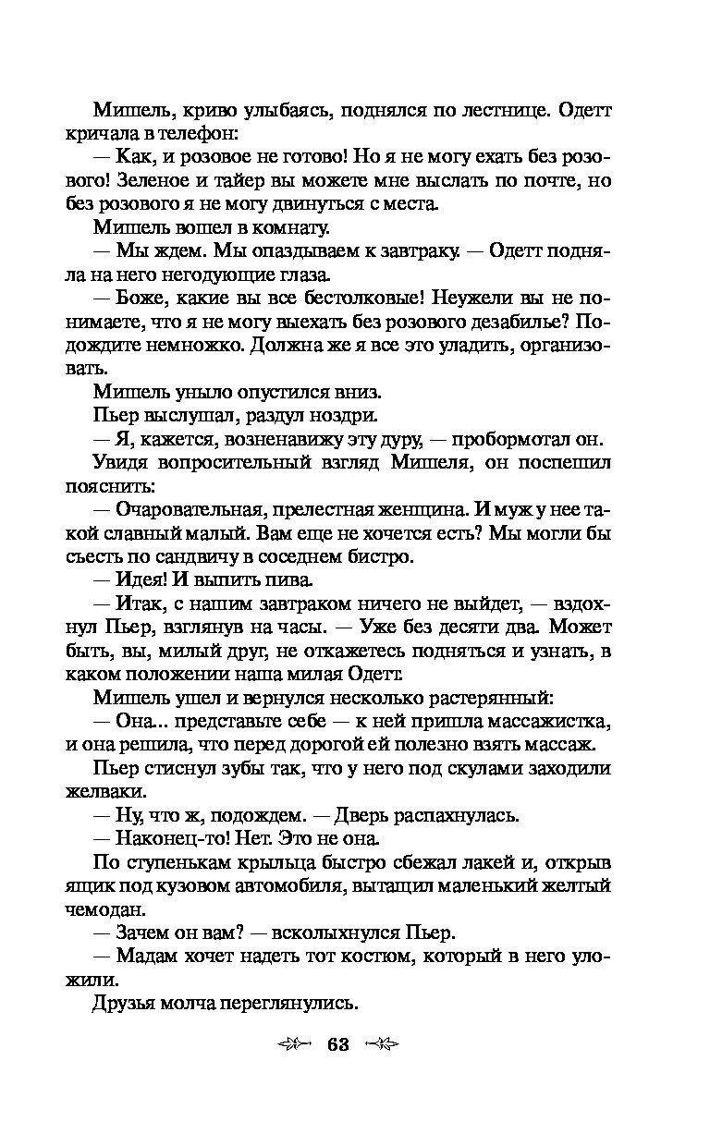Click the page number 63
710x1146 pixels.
(337, 1045)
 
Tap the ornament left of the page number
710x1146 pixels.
(293, 1045)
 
